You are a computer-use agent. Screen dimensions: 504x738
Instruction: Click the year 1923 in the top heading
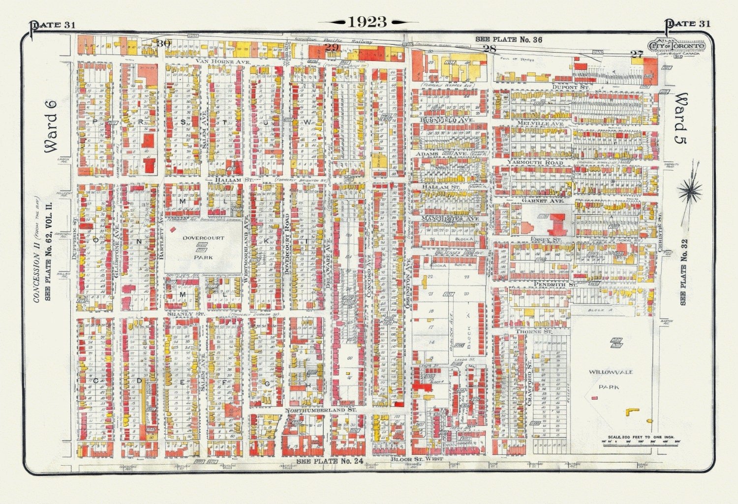pos(368,22)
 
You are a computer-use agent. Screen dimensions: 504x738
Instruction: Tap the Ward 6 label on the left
pos(51,126)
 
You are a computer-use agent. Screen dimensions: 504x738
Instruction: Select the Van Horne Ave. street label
pos(223,61)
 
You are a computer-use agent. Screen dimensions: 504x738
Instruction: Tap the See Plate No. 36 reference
pos(509,39)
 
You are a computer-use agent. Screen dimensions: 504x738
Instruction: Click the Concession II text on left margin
pos(36,269)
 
